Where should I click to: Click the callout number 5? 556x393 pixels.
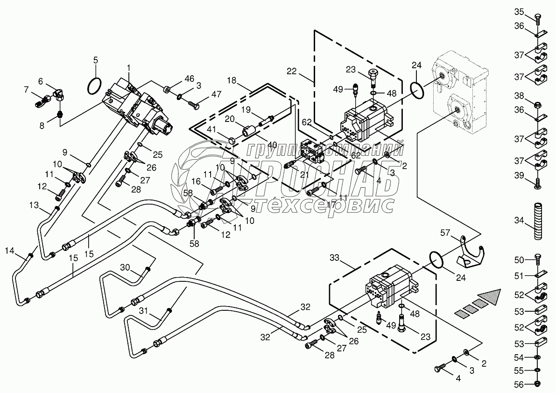[x=96, y=60]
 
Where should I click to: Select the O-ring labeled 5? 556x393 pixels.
[x=94, y=86]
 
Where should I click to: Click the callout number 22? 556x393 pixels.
[x=292, y=71]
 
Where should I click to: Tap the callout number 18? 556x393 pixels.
[x=232, y=81]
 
